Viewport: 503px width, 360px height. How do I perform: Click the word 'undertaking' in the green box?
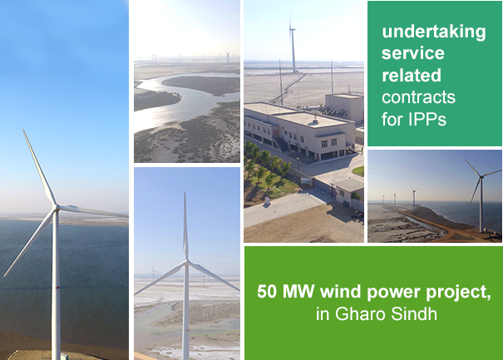click(434, 32)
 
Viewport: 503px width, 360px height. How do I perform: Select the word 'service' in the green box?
click(413, 53)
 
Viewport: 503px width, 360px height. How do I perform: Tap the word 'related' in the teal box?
click(412, 75)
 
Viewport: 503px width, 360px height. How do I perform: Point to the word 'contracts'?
click(418, 97)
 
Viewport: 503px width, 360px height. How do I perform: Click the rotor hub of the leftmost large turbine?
click(57, 207)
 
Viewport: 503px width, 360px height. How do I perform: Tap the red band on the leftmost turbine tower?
click(57, 288)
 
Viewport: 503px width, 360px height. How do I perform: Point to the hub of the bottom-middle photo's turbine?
click(186, 263)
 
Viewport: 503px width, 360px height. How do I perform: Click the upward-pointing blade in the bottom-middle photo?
click(185, 226)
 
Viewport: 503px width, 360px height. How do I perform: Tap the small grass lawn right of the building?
click(358, 170)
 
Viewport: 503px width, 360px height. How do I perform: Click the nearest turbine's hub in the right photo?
click(481, 176)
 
